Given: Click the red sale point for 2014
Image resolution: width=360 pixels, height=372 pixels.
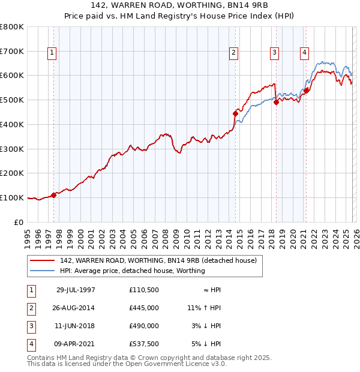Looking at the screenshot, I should click(x=235, y=113).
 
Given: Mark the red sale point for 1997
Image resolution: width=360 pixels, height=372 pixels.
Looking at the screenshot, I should click(x=54, y=194).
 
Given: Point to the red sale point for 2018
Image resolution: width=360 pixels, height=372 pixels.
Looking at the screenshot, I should click(x=276, y=102).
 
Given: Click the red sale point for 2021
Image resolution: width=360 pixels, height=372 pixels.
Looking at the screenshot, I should click(x=306, y=91).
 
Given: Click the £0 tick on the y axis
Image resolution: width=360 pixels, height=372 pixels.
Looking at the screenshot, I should click(x=19, y=222).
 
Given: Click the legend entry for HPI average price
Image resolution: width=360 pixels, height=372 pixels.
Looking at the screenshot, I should click(x=132, y=271).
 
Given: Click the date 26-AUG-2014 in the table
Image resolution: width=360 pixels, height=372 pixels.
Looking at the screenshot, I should click(x=76, y=308).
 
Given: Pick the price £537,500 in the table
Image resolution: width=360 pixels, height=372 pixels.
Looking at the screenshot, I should click(x=144, y=344).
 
